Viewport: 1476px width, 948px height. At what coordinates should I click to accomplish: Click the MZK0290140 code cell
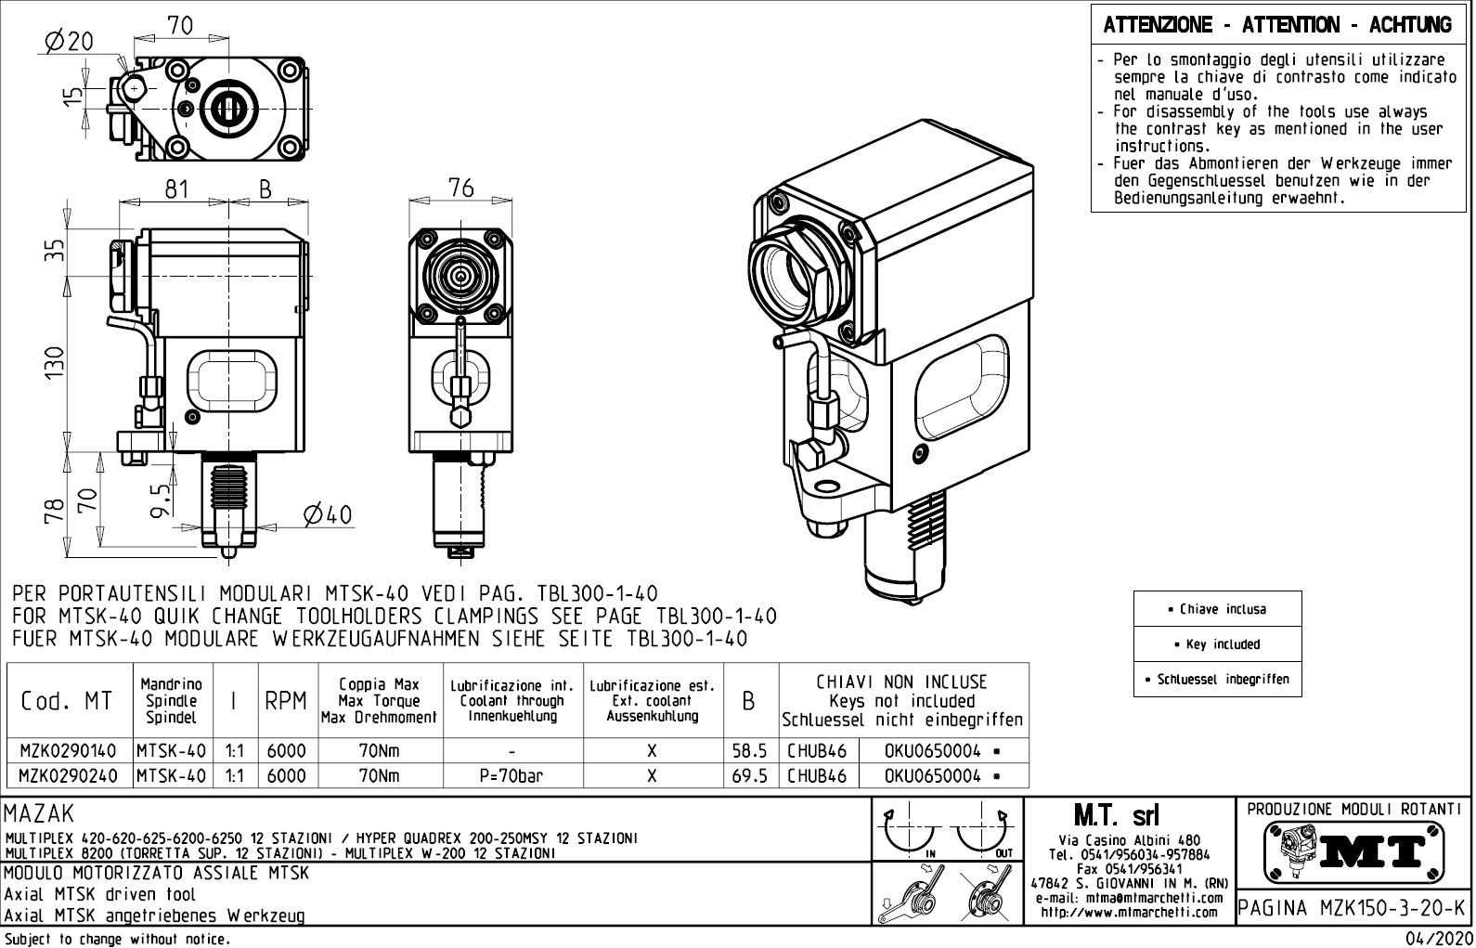pos(69,750)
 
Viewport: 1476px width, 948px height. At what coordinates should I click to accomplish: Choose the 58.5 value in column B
pos(749,750)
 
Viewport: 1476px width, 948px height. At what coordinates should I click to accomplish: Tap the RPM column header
pos(286,701)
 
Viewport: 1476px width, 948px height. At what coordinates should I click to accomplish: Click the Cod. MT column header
pos(67,701)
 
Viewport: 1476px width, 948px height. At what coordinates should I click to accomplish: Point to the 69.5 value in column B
pos(749,775)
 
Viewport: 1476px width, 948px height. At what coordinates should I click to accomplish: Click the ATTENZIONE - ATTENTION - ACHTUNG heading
pos(1277,25)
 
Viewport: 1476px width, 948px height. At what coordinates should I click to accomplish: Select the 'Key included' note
pos(1217,644)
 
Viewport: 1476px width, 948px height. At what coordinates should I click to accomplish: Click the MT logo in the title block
pos(1352,851)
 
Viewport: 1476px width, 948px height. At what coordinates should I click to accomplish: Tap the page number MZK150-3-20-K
pos(1351,908)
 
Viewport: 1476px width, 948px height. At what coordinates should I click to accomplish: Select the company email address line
pos(1129,898)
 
